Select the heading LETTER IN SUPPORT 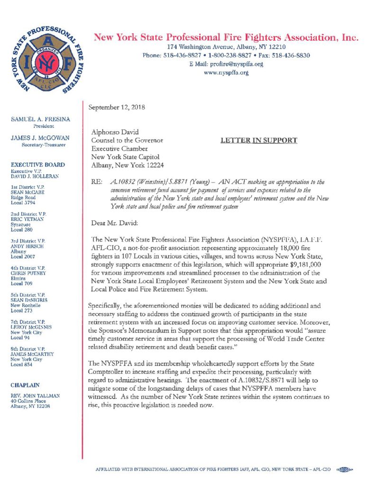point(259,140)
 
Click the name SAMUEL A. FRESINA point(40,121)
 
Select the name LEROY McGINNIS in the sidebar point(37,327)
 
